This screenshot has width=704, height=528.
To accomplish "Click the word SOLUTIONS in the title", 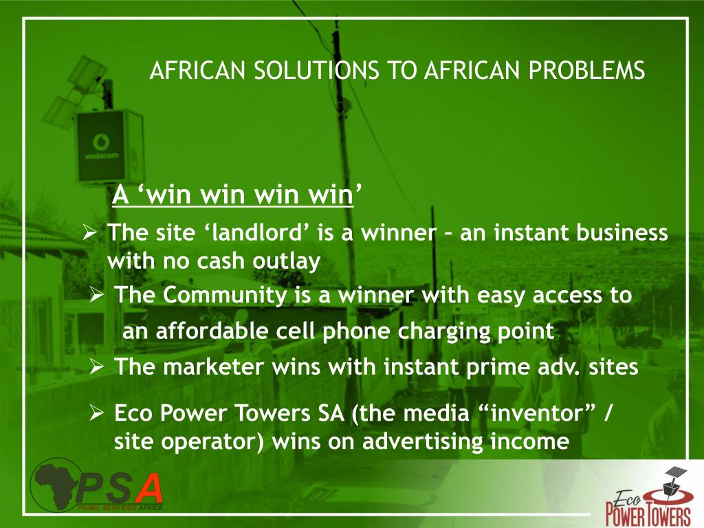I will [x=298, y=71].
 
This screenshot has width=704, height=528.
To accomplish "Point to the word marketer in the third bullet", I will [x=212, y=366].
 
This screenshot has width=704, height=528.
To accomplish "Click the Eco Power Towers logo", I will [x=648, y=497].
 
